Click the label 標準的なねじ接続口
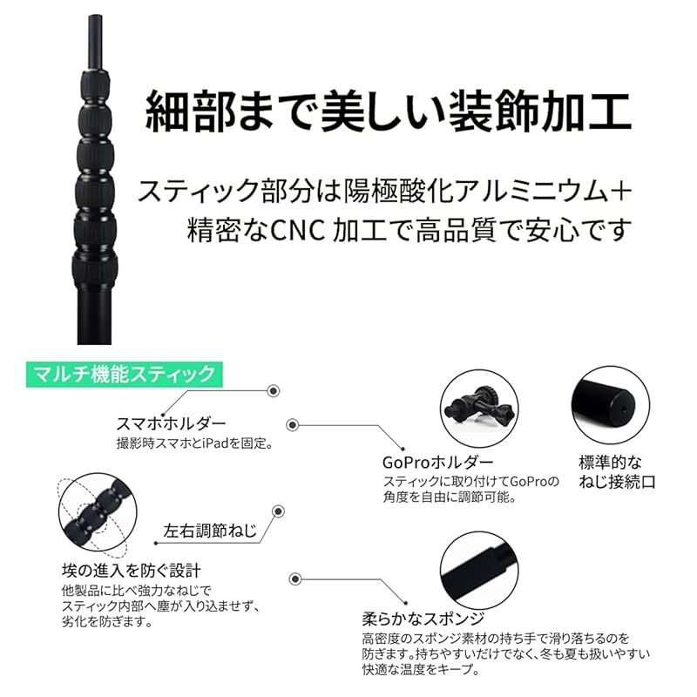[x=616, y=471]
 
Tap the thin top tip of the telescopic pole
[x=92, y=30]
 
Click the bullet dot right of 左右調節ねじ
[x=279, y=513]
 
